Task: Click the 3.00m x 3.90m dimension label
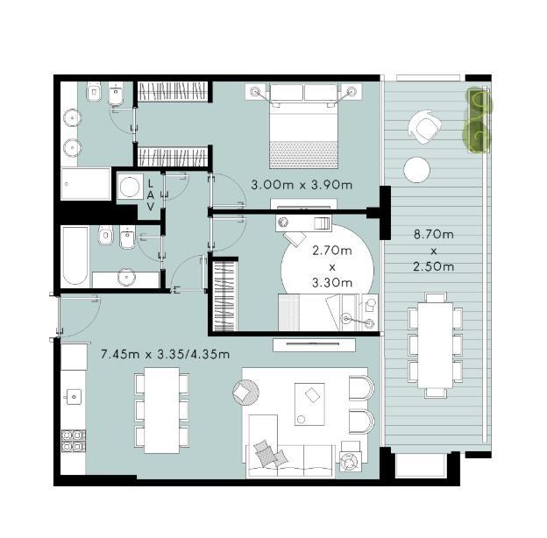(302, 185)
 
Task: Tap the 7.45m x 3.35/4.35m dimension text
(165, 354)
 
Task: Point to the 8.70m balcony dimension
(434, 234)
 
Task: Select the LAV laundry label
(151, 195)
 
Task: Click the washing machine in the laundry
(130, 187)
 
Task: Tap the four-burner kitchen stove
(74, 441)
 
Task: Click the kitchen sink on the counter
(74, 397)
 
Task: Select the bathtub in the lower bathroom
(75, 256)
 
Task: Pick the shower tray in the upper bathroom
(86, 184)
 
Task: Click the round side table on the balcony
(416, 170)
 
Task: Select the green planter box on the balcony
(479, 121)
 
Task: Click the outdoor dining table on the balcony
(436, 345)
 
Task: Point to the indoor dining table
(162, 410)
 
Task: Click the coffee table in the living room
(309, 404)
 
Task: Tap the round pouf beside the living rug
(245, 393)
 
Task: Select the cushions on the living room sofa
(271, 453)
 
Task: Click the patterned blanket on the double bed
(303, 154)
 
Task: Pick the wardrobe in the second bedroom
(225, 295)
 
